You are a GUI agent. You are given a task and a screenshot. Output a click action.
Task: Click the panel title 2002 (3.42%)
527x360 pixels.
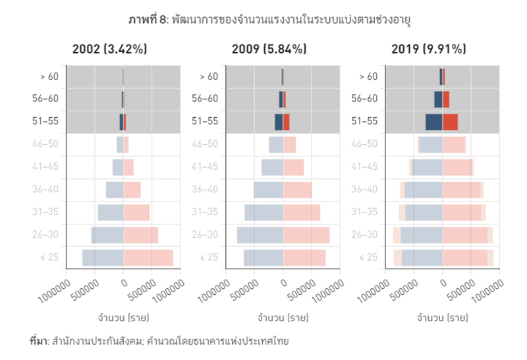pyautogui.click(x=109, y=49)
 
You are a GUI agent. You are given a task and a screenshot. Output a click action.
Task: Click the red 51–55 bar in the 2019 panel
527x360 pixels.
pyautogui.click(x=451, y=122)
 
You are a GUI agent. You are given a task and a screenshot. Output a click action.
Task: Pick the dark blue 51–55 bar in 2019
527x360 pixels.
pyautogui.click(x=434, y=122)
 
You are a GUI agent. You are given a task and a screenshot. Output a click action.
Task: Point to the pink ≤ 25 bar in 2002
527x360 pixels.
pyautogui.click(x=148, y=257)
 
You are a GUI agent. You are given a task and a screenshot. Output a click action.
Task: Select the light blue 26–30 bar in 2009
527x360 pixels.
pyautogui.click(x=260, y=235)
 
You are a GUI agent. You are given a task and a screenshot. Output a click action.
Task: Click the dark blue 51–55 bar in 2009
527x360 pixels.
pyautogui.click(x=279, y=122)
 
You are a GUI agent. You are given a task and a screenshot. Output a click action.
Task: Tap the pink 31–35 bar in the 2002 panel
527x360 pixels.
pyautogui.click(x=136, y=213)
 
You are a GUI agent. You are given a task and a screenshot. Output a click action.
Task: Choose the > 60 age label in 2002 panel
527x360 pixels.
pyautogui.click(x=49, y=76)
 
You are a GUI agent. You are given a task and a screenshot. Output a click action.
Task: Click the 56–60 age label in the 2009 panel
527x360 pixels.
pyautogui.click(x=205, y=99)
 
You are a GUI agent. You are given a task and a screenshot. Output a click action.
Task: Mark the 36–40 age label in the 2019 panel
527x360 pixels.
pyautogui.click(x=364, y=190)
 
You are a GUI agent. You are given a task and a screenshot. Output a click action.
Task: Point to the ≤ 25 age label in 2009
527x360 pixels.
pyautogui.click(x=209, y=257)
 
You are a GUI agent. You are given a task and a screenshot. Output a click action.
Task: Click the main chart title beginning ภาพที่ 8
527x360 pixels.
pyautogui.click(x=264, y=20)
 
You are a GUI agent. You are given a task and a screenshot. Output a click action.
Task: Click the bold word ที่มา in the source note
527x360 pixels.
pyautogui.click(x=39, y=342)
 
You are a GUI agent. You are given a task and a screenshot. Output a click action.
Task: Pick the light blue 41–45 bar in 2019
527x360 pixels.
pyautogui.click(x=427, y=167)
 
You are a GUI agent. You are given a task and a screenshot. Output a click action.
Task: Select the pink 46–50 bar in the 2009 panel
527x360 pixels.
pyautogui.click(x=290, y=144)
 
